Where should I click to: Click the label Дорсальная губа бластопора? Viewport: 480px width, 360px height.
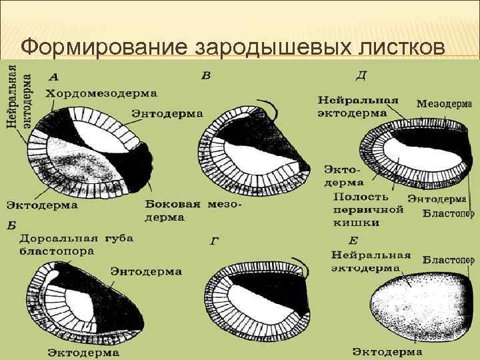pyautogui.click(x=76, y=245)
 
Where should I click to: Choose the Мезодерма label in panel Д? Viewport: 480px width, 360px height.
pyautogui.click(x=444, y=104)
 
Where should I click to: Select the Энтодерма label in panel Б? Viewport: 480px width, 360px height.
pyautogui.click(x=146, y=271)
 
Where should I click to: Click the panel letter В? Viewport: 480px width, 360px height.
pyautogui.click(x=206, y=75)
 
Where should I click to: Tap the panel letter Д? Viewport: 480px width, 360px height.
pyautogui.click(x=361, y=75)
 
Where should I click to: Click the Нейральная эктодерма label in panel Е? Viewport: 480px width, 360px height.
pyautogui.click(x=371, y=261)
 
